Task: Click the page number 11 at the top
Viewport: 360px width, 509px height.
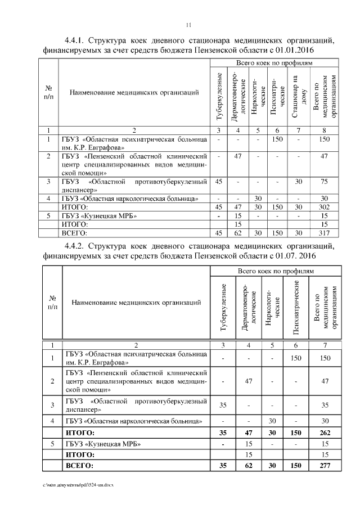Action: coord(189,25)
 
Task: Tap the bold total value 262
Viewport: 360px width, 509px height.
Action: coord(323,433)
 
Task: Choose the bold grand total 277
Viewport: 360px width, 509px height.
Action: coord(323,466)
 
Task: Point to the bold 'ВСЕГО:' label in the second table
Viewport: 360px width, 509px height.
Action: coord(80,466)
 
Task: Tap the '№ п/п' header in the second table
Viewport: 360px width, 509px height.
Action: coord(52,303)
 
